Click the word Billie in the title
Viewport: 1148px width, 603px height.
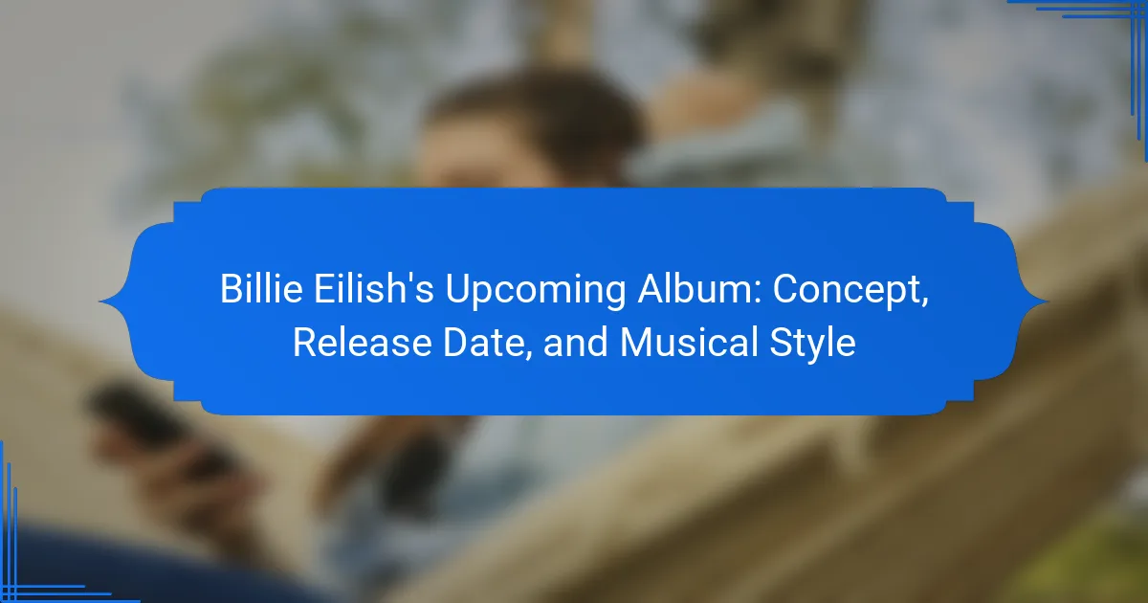point(261,289)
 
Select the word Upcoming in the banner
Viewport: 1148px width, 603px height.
point(535,291)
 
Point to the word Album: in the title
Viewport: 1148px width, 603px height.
point(699,289)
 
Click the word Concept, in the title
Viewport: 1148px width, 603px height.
point(850,291)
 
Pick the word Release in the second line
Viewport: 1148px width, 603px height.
point(362,342)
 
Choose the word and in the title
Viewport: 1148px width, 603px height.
point(576,342)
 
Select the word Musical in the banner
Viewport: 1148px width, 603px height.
point(689,342)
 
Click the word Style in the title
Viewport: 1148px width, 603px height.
point(812,344)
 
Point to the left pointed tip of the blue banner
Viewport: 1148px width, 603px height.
point(99,301)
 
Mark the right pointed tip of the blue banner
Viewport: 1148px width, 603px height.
point(1049,301)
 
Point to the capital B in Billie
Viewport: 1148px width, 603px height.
point(232,289)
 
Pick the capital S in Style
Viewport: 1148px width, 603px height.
point(781,342)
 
